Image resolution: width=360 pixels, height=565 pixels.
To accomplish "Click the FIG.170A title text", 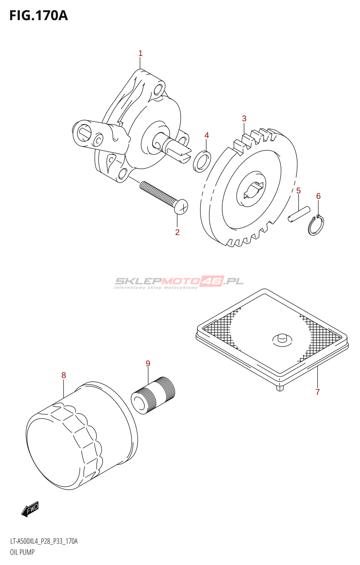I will pos(38,16).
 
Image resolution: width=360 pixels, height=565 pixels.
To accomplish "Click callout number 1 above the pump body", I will pos(140,53).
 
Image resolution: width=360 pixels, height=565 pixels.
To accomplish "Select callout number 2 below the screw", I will pos(177,232).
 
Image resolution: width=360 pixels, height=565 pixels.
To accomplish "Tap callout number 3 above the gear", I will pos(244,119).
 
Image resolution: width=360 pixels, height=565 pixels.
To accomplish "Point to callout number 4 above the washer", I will pos(207,135).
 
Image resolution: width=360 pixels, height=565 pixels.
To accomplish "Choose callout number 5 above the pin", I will pos(299,191).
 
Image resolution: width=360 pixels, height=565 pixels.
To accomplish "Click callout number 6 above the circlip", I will pos(318,196).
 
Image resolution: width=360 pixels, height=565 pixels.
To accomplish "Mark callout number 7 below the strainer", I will pos(318,392).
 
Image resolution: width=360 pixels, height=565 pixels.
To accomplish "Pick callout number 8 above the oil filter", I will pos(64,375).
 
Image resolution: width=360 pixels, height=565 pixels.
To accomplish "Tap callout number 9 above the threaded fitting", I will pos(148,363).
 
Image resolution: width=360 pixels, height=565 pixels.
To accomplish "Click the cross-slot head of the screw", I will pos(181,207).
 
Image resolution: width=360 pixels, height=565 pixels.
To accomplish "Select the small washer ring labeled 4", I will pos(202,161).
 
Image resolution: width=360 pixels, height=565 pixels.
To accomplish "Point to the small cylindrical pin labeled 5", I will pos(299,215).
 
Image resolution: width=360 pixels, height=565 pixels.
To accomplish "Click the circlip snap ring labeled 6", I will pos(316,226).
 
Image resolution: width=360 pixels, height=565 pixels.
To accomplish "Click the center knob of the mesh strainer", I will pos(282,339).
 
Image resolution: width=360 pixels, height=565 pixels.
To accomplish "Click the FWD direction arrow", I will pos(30,509).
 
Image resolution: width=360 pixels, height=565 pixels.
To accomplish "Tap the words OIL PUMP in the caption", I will pos(22,552).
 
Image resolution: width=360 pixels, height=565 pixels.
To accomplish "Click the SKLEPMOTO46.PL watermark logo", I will pos(179,282).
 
